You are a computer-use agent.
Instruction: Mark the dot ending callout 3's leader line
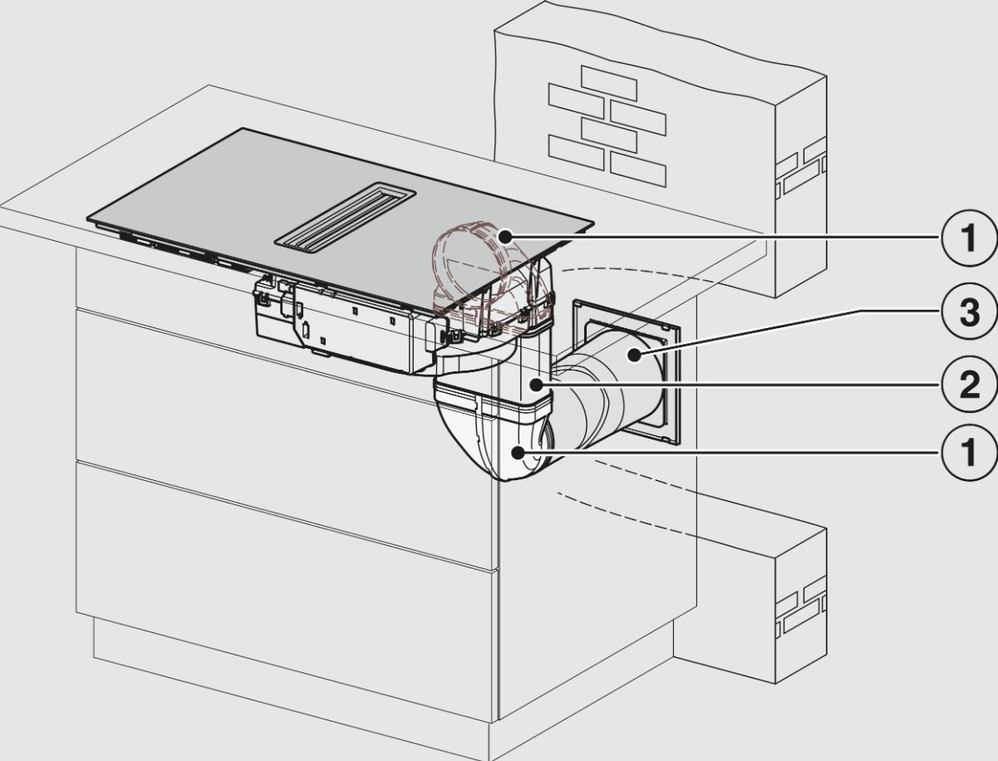point(636,356)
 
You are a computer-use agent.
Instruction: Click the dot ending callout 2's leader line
point(541,385)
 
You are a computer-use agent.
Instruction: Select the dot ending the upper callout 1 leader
point(504,238)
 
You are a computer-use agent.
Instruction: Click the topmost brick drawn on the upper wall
point(608,83)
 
